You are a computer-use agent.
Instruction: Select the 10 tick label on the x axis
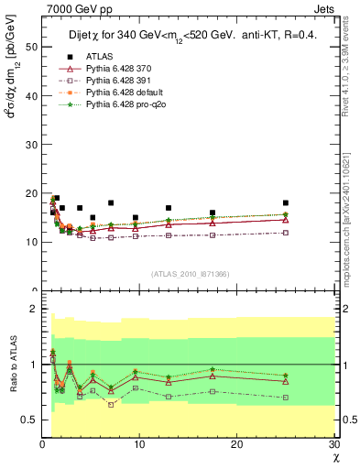pos(139,444)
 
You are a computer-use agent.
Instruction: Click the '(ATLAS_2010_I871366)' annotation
pos(190,274)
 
